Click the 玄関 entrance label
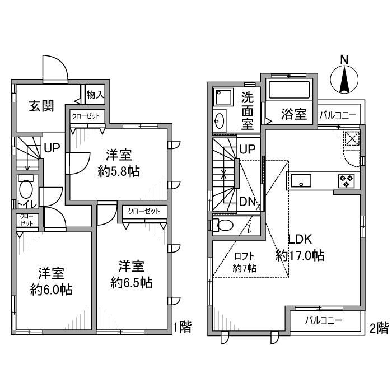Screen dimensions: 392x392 (41, 106)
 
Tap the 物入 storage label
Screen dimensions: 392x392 (95, 95)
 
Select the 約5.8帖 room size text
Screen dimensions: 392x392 (119, 171)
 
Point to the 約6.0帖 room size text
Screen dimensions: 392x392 (52, 290)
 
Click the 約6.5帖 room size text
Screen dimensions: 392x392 (132, 283)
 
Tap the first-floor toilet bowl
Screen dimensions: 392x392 (26, 189)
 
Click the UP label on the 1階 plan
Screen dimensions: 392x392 (52, 148)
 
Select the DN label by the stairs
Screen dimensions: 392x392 (248, 202)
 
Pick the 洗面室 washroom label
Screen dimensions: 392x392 (248, 111)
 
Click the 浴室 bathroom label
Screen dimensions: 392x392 (294, 114)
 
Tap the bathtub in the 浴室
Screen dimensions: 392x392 (290, 90)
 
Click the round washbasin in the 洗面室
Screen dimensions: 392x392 (220, 121)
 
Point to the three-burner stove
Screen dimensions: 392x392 (346, 181)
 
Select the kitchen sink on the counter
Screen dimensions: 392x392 (301, 180)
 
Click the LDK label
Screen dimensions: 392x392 (300, 239)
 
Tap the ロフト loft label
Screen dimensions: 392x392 (245, 256)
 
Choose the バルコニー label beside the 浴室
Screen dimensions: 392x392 (338, 115)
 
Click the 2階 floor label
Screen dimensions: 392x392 (379, 328)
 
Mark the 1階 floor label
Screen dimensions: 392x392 (182, 326)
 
